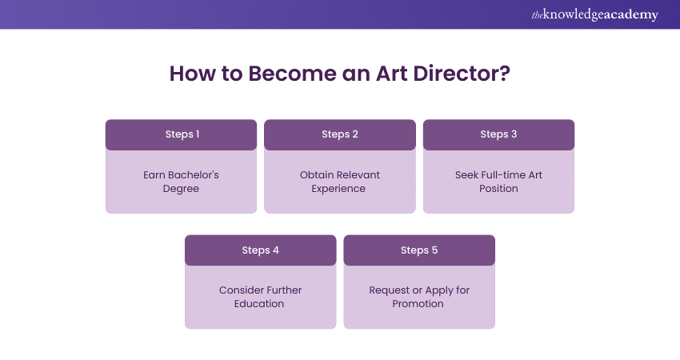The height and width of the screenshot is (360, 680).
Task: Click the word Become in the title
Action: pos(284,74)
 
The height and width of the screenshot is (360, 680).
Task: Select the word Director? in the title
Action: pos(465,74)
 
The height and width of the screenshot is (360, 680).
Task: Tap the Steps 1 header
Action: pos(182,134)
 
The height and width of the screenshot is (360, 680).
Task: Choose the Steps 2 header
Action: pos(340,134)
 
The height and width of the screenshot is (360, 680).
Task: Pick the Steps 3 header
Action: pos(498,134)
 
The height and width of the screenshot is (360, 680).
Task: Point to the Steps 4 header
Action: pos(261,250)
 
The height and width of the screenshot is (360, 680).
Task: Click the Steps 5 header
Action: pos(419,250)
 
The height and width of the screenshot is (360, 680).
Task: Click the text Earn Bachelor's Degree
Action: pos(182,182)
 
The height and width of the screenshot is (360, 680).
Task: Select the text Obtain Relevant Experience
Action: pos(340,182)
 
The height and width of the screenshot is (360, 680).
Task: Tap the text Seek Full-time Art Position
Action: pos(498,182)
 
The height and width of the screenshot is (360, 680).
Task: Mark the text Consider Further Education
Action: pos(261,297)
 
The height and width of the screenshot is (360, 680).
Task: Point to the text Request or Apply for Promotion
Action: pos(419,297)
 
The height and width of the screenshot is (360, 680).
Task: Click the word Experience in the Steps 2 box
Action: pos(340,189)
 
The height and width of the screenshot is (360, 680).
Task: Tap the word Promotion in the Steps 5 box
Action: pos(418,304)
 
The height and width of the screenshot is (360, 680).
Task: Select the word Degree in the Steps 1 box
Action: pos(182,189)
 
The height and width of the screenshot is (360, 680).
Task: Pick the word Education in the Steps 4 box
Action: pos(261,304)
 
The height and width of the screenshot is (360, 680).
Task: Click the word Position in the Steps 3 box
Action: pos(498,189)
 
